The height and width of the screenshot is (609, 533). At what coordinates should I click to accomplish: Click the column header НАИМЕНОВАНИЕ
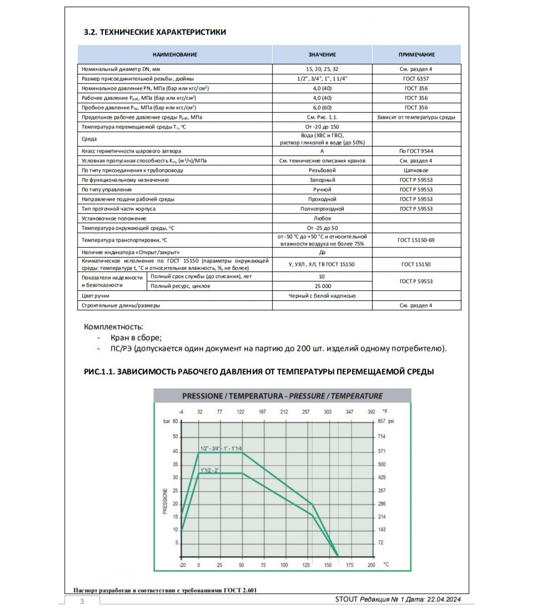175,55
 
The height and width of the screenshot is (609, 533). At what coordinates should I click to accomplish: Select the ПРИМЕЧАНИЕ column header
417,55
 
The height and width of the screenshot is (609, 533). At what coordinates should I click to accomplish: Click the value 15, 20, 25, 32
322,69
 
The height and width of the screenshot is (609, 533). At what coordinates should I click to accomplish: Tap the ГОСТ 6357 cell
416,79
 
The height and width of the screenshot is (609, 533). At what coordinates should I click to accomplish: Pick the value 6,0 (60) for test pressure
322,108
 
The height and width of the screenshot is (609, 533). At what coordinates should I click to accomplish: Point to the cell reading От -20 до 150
322,127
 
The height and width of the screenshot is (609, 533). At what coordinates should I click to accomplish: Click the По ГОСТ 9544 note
416,151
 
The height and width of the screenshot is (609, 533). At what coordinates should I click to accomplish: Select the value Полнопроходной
322,209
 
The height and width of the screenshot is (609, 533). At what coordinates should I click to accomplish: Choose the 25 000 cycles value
322,286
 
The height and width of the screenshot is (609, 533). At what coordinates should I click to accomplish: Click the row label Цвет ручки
96,296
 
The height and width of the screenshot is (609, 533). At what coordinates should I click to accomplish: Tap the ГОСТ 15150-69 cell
416,240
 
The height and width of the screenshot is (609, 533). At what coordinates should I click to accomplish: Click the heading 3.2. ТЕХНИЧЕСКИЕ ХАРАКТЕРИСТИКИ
155,32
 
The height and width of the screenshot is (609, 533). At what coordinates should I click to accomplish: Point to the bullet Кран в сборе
136,338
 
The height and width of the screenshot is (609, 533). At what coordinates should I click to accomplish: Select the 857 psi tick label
385,421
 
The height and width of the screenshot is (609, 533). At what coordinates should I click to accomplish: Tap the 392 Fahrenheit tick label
371,412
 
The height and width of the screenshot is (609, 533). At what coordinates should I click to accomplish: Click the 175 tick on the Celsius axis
349,565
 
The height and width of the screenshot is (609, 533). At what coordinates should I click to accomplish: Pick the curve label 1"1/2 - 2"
209,470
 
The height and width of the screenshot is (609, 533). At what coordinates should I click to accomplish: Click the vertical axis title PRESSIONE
165,501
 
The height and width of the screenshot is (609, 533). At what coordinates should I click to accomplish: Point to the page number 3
82,601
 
